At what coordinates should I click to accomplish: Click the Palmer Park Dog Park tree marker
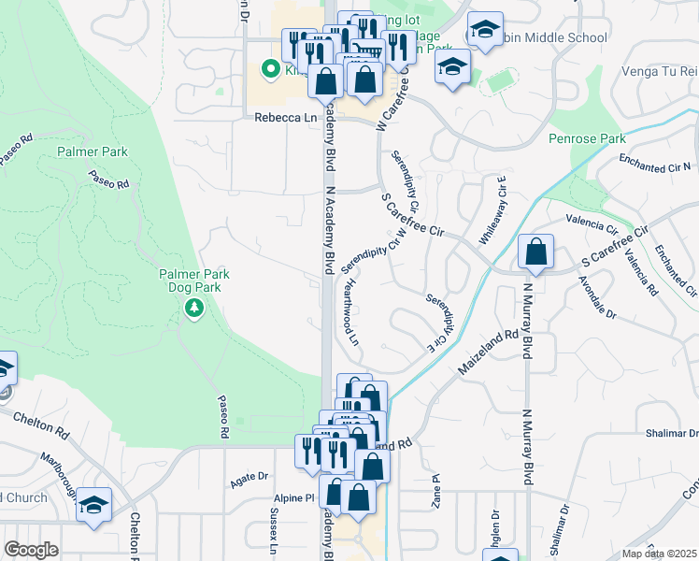(194, 307)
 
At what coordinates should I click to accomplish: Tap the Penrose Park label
(587, 139)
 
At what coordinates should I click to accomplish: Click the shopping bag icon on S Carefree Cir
(536, 252)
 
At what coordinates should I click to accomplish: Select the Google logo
(31, 550)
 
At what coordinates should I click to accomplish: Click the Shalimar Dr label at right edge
(672, 434)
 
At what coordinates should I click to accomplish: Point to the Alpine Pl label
(294, 499)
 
